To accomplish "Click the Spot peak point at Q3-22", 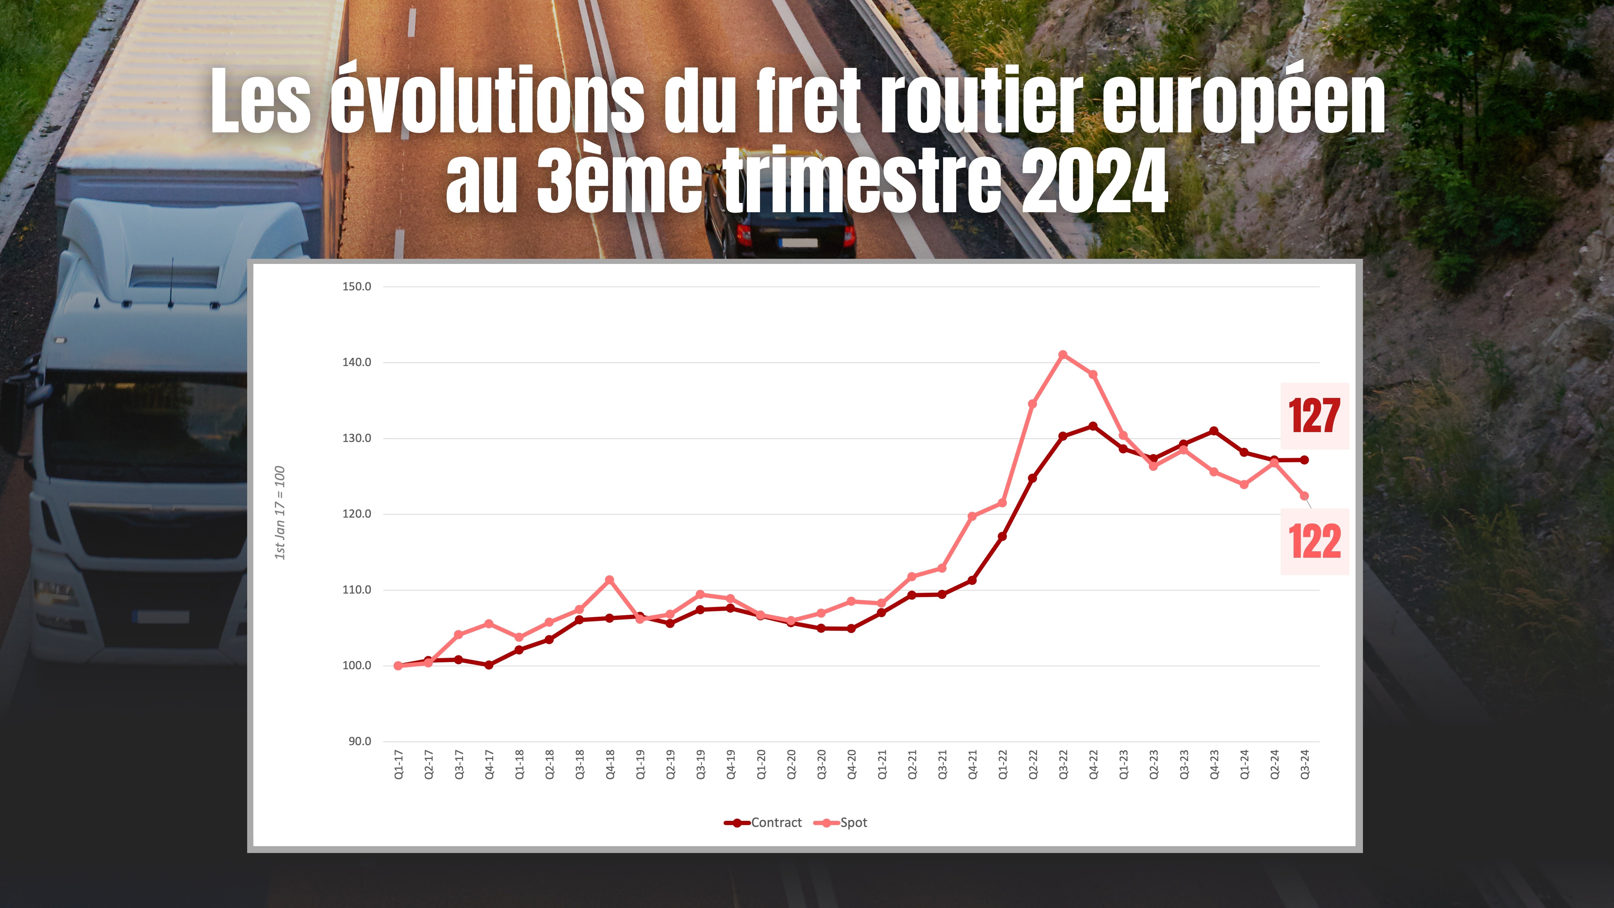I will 1063,355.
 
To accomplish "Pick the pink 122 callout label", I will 1314,541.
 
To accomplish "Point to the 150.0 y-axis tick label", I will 356,286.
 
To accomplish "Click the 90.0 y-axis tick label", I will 360,741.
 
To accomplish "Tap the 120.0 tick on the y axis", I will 356,514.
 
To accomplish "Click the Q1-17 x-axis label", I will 398,765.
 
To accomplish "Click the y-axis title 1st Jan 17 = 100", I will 280,513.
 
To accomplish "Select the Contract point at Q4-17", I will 489,665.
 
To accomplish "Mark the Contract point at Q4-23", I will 1214,431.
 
